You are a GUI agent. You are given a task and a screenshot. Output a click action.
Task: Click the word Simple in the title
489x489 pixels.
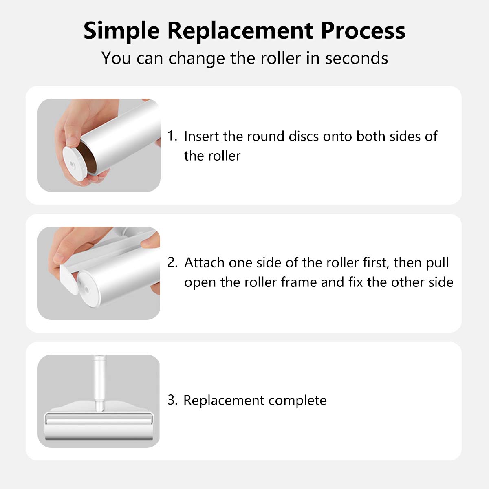click(x=121, y=31)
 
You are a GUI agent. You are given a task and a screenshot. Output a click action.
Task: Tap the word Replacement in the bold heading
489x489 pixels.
click(x=240, y=31)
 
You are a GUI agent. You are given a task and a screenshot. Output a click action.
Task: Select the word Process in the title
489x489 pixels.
click(x=363, y=31)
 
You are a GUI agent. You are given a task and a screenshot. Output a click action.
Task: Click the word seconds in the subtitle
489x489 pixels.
click(x=357, y=58)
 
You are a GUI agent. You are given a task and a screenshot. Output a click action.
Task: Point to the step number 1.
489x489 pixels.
click(x=172, y=136)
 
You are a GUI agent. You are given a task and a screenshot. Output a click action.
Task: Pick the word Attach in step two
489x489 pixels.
click(x=204, y=262)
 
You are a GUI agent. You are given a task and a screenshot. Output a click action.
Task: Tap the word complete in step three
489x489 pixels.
click(x=297, y=401)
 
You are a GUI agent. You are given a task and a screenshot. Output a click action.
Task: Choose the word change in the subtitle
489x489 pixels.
click(x=197, y=59)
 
